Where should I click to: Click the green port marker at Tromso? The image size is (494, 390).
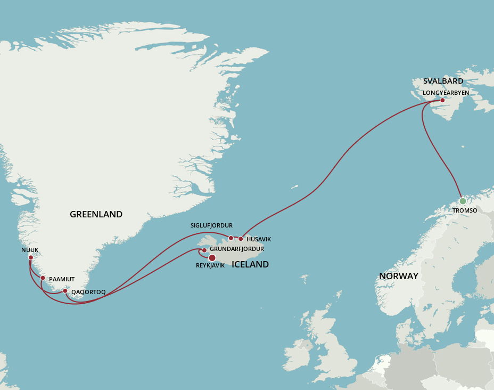(x=463, y=201)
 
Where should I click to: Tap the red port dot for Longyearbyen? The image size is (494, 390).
(x=442, y=100)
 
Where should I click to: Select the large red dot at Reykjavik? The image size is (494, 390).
(x=212, y=258)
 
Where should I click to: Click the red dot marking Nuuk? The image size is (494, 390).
(x=31, y=258)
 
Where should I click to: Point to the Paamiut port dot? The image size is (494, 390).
(x=43, y=278)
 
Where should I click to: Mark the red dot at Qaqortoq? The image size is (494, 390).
(x=65, y=291)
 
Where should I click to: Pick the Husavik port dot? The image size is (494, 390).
(x=241, y=239)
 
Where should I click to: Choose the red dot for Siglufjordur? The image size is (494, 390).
(x=231, y=238)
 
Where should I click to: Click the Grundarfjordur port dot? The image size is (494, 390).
(x=204, y=250)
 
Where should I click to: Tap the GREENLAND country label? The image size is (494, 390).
(x=96, y=215)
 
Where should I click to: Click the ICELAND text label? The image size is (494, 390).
(x=250, y=265)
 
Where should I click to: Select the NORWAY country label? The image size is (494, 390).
(x=398, y=276)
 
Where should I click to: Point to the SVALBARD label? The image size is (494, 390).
(x=443, y=82)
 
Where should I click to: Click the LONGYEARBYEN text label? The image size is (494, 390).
(x=446, y=93)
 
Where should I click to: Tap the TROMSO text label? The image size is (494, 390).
(x=465, y=210)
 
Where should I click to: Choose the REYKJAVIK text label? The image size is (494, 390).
(x=210, y=266)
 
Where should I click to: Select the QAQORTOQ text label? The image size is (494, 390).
(x=88, y=292)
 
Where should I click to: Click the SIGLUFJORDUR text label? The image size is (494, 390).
(x=211, y=226)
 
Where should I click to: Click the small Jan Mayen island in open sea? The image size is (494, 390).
(x=294, y=187)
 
